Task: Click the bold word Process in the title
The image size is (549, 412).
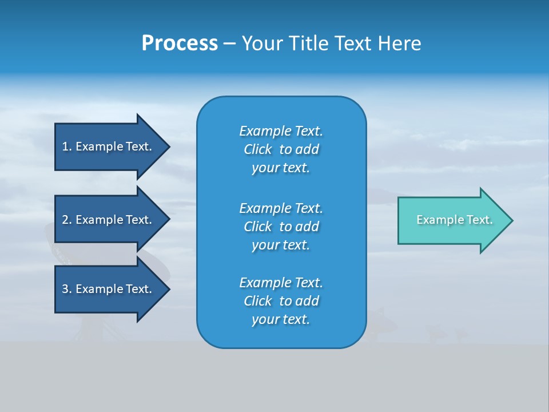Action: pos(180,43)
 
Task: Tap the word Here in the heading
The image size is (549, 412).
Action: pos(399,43)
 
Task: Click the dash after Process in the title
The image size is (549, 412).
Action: pos(229,44)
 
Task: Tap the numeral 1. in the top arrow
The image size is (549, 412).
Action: pos(67,146)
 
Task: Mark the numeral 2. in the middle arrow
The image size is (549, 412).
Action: pos(67,220)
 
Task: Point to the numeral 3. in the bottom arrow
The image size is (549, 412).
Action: pos(67,289)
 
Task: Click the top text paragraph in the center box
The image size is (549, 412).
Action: pos(281,149)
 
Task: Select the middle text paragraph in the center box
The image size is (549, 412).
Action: pos(281,226)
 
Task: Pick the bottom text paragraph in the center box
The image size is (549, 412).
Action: pos(281,301)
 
